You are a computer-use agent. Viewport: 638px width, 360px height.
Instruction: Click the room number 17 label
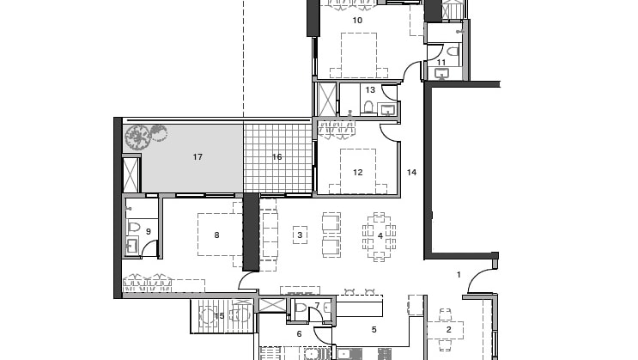point(197,156)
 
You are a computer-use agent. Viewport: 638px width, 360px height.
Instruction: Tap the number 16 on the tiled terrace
point(277,156)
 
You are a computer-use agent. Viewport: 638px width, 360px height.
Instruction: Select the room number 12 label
point(358,172)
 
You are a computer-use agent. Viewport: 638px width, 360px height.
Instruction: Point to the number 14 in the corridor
point(412,172)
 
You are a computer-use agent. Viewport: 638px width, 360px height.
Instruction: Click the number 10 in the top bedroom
point(357,20)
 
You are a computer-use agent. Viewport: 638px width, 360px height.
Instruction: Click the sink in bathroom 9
point(132,246)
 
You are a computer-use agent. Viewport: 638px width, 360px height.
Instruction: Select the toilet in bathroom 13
point(368,107)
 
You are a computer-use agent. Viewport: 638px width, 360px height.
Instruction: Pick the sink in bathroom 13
point(387,109)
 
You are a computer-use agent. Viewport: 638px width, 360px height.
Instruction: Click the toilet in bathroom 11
point(453,52)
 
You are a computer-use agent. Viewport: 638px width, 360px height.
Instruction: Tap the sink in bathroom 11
point(442,74)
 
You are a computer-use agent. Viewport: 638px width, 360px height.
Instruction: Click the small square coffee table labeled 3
point(301,235)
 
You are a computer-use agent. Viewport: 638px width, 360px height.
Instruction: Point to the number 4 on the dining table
point(380,235)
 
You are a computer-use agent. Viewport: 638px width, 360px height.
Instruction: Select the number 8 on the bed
point(216,235)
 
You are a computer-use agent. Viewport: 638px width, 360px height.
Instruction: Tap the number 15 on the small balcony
point(219,315)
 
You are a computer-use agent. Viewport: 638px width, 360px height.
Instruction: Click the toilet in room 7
point(301,308)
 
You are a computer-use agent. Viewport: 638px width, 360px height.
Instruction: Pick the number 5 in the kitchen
point(374,329)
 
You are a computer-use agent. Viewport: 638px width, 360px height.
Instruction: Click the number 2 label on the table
point(449,329)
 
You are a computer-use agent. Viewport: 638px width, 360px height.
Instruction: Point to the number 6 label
point(299,334)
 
